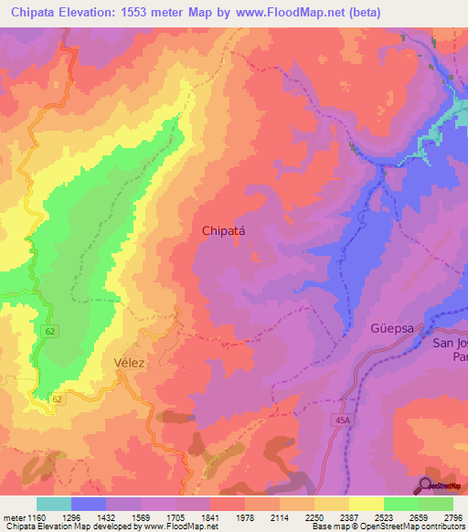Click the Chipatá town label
[224, 232]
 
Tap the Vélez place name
[131, 362]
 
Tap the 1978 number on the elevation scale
[246, 517]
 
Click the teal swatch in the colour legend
[54, 504]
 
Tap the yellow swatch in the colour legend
[367, 504]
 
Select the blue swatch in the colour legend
[89, 504]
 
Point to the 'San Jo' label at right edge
[450, 343]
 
